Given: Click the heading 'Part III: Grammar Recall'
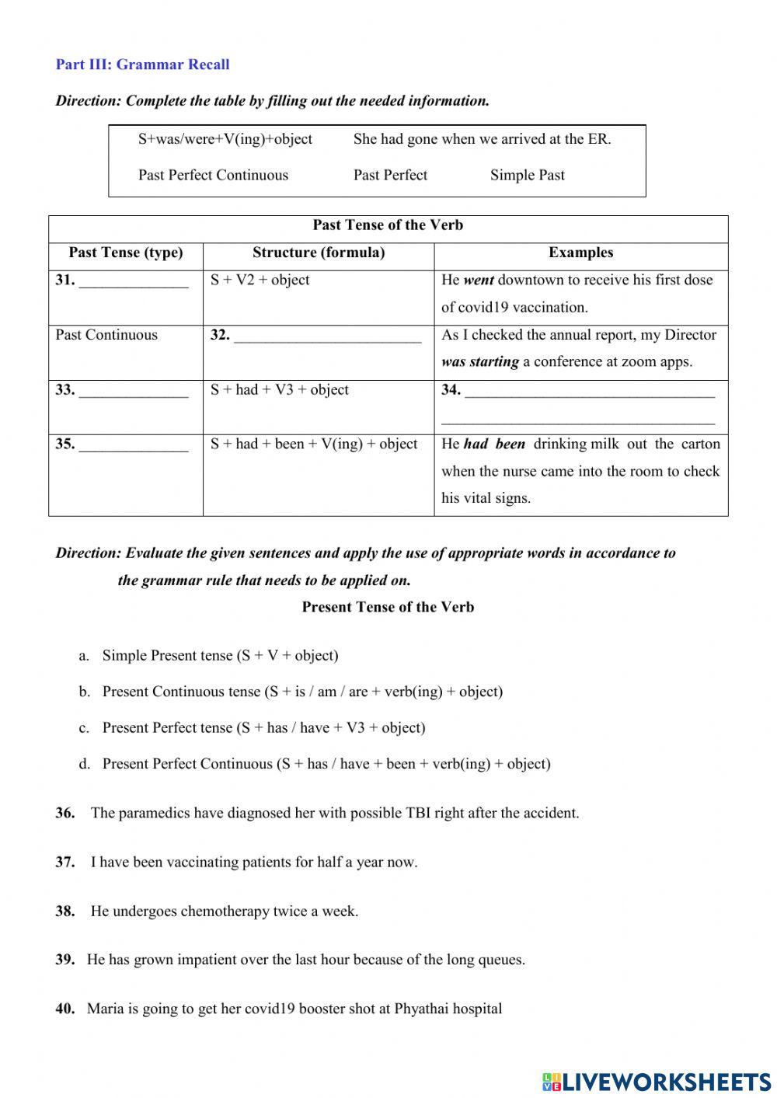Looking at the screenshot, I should tap(142, 64).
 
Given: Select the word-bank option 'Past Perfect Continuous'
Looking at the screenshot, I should tap(213, 175).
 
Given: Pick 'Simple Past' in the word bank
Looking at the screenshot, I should tap(527, 175).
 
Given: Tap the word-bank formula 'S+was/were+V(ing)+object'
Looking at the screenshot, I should tap(225, 139).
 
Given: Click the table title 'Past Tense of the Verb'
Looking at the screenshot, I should tap(388, 225).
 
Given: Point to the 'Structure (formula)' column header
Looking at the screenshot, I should tap(319, 253).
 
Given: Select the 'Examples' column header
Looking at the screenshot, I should tap(580, 253).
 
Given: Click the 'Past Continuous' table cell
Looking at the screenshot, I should tap(106, 335).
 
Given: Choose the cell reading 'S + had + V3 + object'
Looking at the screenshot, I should tap(280, 390).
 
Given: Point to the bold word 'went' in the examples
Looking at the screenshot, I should tap(479, 281).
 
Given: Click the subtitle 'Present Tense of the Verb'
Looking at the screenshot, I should tap(388, 608).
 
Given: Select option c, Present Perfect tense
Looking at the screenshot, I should tap(263, 728).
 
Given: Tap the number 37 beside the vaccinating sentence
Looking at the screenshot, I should tap(64, 863).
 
